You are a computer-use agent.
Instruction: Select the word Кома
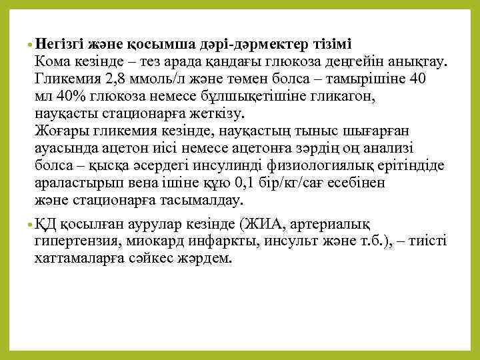pos(53,63)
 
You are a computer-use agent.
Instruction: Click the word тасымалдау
pos(211,199)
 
